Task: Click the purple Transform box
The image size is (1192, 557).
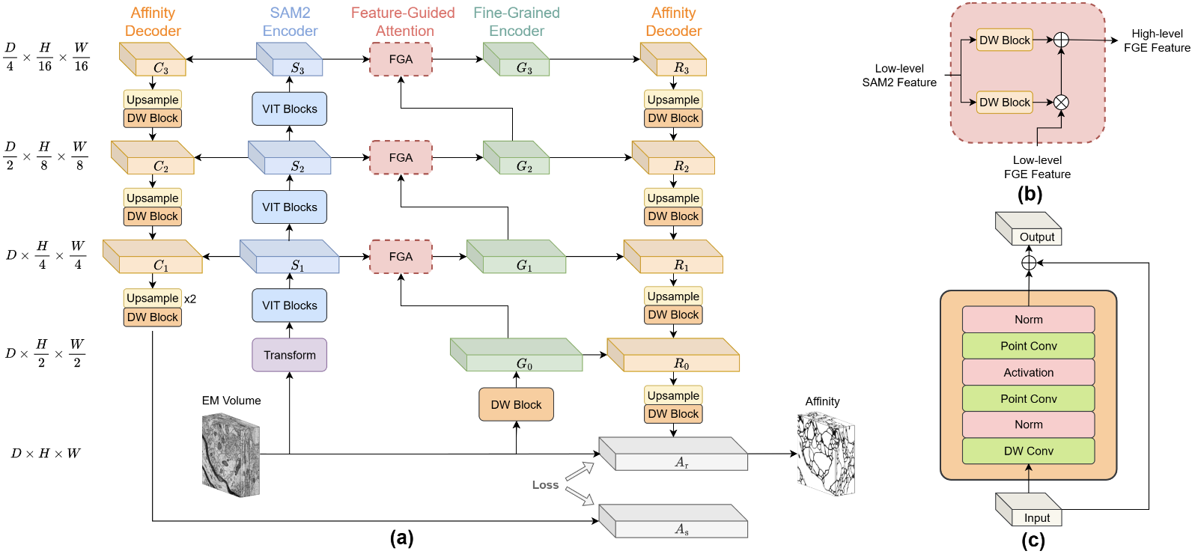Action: [x=289, y=355]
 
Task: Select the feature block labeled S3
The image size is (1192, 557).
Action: [x=290, y=60]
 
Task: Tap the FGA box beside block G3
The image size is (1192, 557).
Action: [x=401, y=59]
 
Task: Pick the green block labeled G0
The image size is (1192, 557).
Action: [x=517, y=356]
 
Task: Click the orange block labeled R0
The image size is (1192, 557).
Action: [x=673, y=356]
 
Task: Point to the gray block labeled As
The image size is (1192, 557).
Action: [x=673, y=522]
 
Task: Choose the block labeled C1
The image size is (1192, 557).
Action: [x=153, y=257]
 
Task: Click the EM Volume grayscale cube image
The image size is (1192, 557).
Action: [x=231, y=454]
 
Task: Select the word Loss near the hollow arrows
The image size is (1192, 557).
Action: [x=545, y=485]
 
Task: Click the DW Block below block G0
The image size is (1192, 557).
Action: [x=516, y=405]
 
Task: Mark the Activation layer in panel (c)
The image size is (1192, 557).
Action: [x=1028, y=372]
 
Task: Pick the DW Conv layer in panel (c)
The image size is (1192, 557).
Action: [x=1028, y=451]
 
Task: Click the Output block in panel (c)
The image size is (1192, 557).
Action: [x=1029, y=229]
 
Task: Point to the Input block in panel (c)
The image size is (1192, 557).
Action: [x=1029, y=510]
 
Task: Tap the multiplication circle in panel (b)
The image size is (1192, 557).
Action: [x=1061, y=103]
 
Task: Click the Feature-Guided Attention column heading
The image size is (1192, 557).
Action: [x=404, y=22]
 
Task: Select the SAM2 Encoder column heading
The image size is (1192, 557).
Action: [x=290, y=22]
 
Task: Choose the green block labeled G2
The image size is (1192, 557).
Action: [x=517, y=158]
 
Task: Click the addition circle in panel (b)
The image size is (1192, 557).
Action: [x=1061, y=40]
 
